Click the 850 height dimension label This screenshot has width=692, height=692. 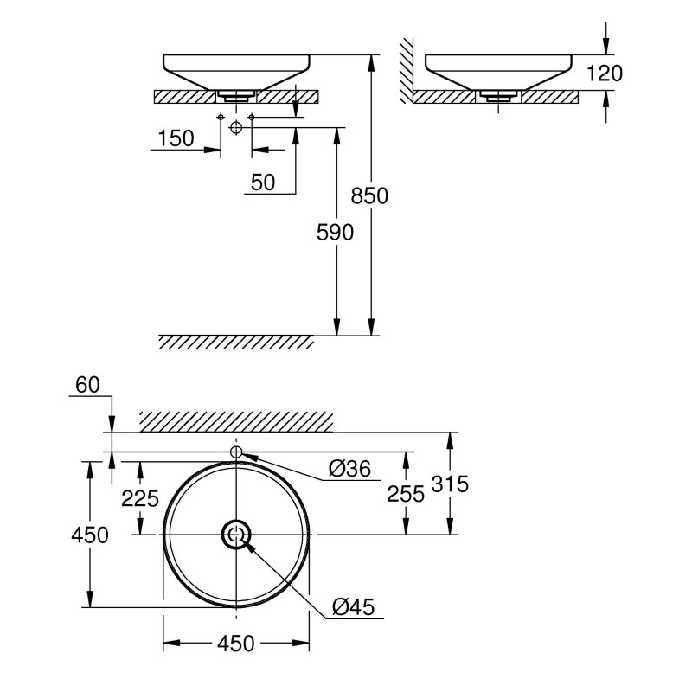coord(369,195)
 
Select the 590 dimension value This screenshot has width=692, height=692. coord(335,233)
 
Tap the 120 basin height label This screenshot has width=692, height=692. coord(604,74)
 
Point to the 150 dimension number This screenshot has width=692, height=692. coord(176,138)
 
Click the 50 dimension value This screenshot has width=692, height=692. coord(263,183)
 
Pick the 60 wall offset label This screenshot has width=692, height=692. coord(87,385)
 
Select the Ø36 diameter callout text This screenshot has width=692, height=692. coord(350,468)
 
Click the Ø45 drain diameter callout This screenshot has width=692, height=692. coord(353,607)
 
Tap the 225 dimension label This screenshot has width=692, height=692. coord(140,499)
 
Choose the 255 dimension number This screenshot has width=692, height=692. coord(406,494)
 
